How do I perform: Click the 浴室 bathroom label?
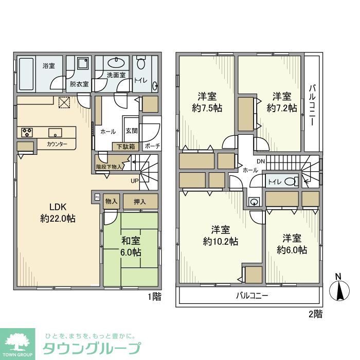tap(49, 66)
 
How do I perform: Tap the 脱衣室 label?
tap(79, 83)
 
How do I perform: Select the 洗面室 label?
tap(116, 75)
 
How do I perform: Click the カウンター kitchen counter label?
tap(57, 144)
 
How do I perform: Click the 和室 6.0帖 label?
tap(131, 246)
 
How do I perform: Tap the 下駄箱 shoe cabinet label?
tap(125, 147)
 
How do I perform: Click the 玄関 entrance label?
tap(131, 131)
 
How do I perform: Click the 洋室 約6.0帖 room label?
tap(292, 244)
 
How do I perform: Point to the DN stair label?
tap(261, 161)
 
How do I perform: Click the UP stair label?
tap(134, 181)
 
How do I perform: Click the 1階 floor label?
tap(154, 297)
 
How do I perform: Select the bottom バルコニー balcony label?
tap(252, 296)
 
